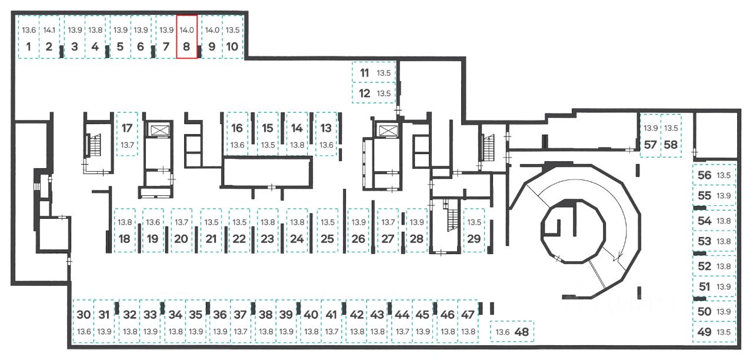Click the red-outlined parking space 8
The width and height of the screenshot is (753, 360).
click(187, 36)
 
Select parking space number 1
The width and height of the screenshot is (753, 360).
click(29, 37)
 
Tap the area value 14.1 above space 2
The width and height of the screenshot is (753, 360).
click(49, 30)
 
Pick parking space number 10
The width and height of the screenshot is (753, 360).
click(232, 37)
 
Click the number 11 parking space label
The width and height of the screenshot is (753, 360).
click(364, 73)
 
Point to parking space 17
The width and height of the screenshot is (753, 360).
click(127, 134)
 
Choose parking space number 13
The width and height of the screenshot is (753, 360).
click(326, 134)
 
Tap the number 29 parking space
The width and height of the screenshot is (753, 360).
click(474, 230)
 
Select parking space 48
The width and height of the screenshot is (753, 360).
click(512, 332)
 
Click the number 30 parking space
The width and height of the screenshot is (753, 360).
click(84, 321)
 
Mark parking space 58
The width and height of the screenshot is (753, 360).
click(671, 136)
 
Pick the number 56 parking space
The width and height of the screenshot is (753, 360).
click(714, 175)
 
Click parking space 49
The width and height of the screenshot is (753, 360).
click(714, 332)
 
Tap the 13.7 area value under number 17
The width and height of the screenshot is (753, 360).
click(128, 145)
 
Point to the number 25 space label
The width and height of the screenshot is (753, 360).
click(327, 239)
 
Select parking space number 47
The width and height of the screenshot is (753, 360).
click(468, 321)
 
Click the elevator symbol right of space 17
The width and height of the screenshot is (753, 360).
click(158, 131)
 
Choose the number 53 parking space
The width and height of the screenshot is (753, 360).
click(714, 241)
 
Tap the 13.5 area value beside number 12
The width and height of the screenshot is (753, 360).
click(384, 94)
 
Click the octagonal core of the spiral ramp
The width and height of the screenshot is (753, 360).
click(573, 231)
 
